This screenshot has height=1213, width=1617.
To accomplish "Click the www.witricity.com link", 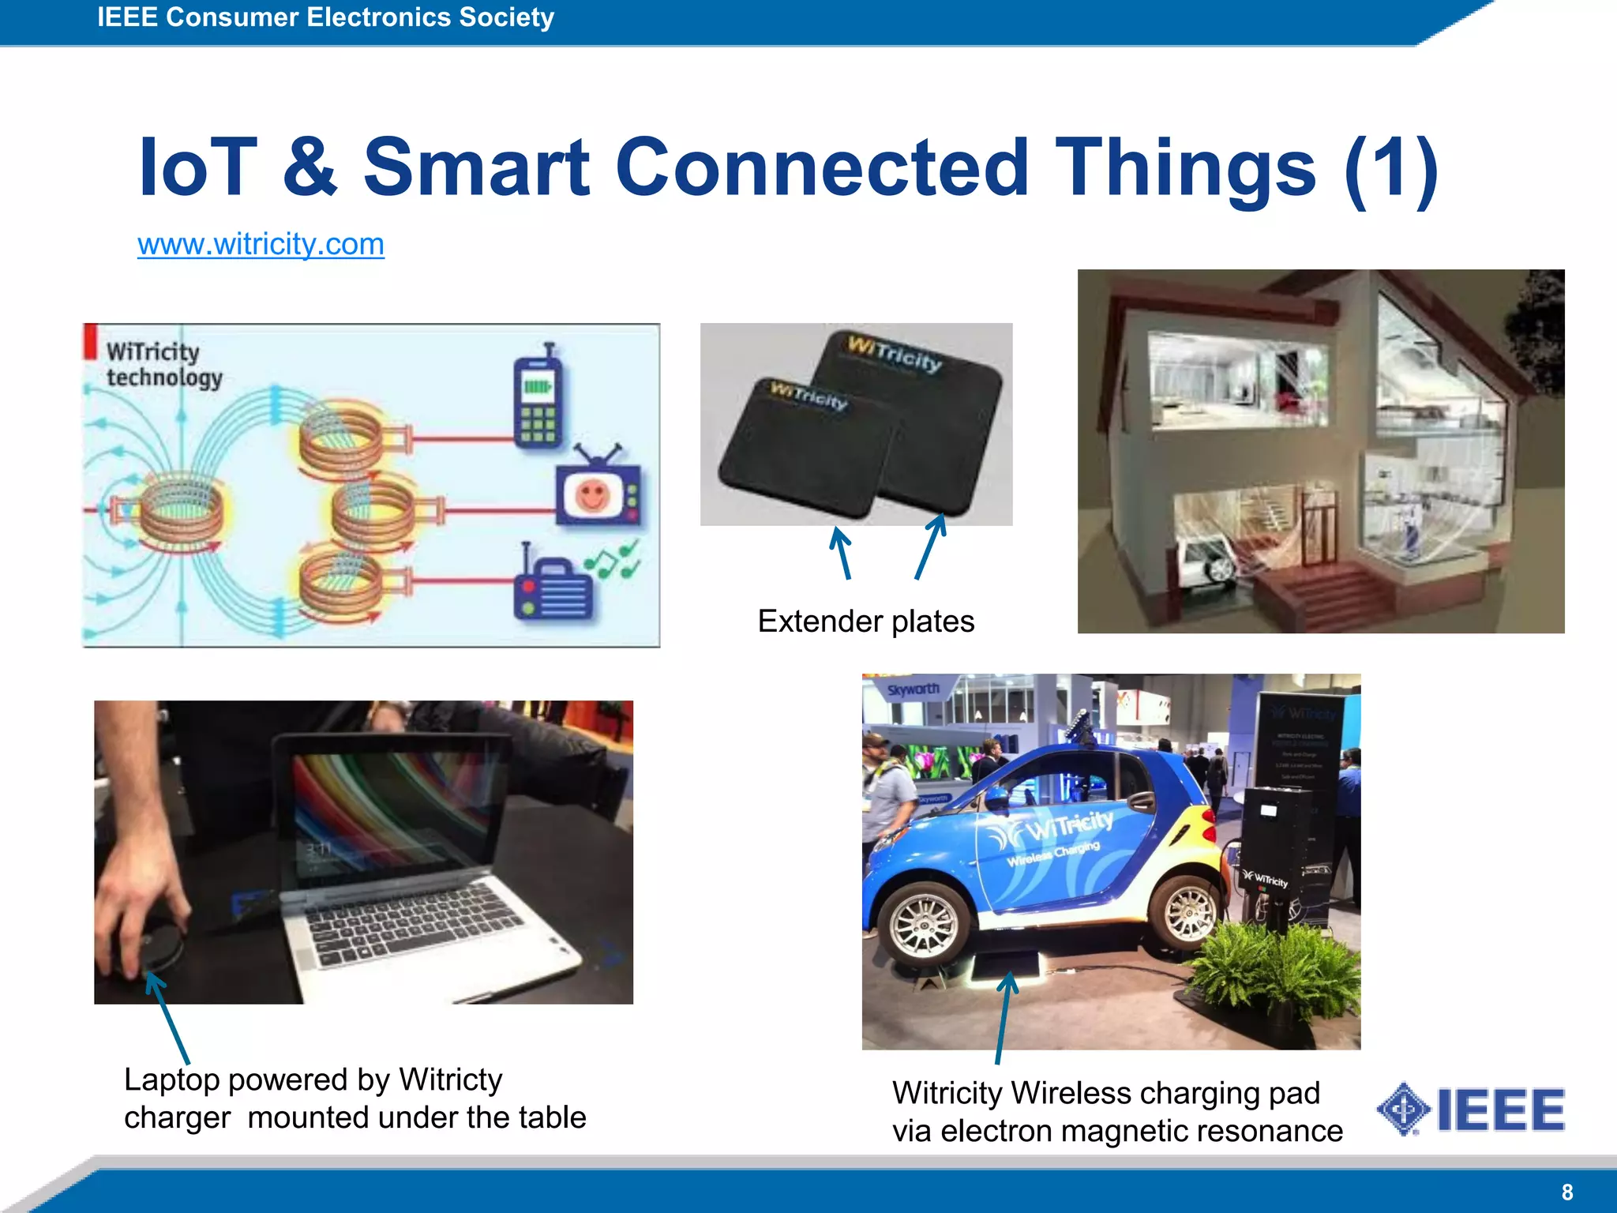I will (261, 244).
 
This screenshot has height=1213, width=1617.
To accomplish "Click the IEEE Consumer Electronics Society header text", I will (325, 17).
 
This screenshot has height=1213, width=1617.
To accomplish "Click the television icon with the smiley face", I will (598, 493).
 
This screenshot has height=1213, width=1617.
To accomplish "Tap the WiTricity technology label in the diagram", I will (164, 364).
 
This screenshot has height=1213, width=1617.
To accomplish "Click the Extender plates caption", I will (865, 622).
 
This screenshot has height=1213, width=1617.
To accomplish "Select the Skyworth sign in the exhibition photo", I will (913, 689).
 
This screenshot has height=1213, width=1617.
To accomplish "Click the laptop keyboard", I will (411, 924).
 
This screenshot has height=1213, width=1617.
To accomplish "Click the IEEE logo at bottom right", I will (1471, 1110).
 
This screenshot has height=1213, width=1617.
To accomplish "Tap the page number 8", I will (1567, 1192).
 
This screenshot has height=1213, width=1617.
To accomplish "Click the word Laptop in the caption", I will (171, 1080).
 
